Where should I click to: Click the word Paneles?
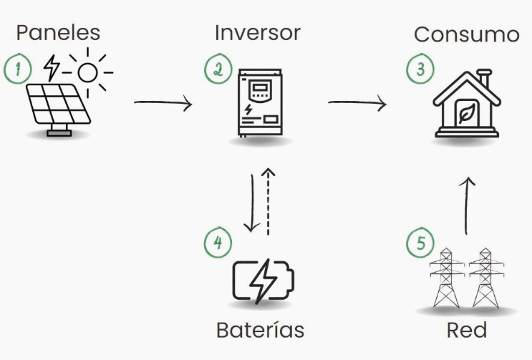[x=58, y=32]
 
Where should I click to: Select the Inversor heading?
[x=257, y=33]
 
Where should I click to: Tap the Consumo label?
[x=466, y=34]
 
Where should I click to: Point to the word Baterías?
[x=260, y=330]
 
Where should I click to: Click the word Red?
[x=466, y=330]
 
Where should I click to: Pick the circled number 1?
[x=17, y=69]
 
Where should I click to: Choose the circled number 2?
[x=217, y=69]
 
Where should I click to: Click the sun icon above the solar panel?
[x=87, y=72]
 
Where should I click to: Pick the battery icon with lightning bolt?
[x=263, y=281]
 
